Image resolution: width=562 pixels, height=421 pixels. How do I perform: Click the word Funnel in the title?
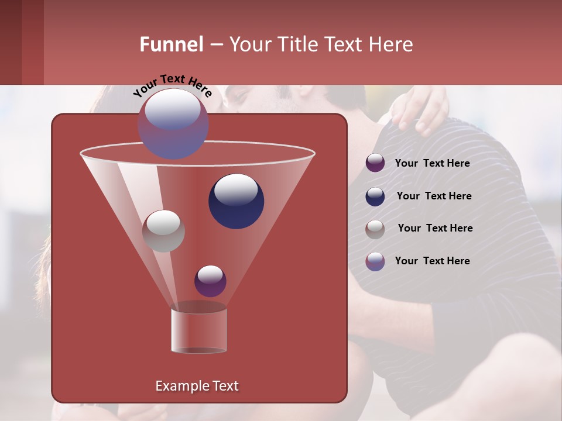coord(171,44)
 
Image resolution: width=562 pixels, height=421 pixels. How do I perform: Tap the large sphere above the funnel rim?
coord(173,123)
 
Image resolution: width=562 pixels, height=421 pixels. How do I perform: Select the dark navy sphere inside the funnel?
coord(236,201)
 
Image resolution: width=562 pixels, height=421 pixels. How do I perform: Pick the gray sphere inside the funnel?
coord(163,230)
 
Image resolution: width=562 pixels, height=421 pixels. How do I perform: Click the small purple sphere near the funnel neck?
coord(210,281)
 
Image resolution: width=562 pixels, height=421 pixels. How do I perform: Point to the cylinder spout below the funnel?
coord(198,330)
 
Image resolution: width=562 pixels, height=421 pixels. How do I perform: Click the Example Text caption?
coord(197,386)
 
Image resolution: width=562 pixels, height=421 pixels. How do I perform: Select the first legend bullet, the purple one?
coord(375,163)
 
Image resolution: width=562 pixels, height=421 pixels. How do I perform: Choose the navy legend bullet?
coord(375,196)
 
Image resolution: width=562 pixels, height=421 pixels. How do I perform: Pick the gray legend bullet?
coord(375,229)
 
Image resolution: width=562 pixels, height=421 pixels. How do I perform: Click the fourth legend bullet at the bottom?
coord(375,261)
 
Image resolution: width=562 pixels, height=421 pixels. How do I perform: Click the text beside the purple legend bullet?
coord(432,163)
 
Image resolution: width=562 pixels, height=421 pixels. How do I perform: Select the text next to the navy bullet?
coord(434,196)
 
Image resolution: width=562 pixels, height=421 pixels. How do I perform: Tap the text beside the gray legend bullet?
coord(435,228)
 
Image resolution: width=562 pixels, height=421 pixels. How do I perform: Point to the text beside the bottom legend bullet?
coord(432,261)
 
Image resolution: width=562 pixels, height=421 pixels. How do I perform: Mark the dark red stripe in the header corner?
coord(32,42)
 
